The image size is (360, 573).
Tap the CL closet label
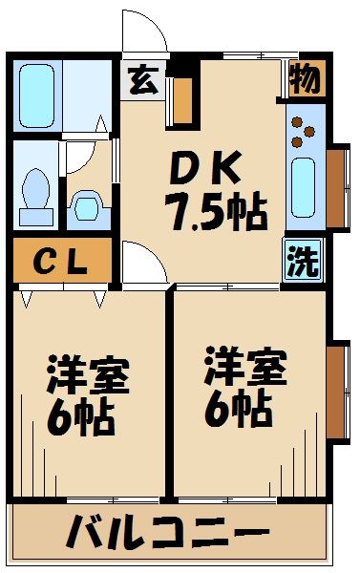tap(63, 262)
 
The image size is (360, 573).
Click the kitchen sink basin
tap(305, 186)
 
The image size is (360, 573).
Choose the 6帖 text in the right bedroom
tap(236, 409)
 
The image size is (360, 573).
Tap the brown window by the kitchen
tap(335, 187)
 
